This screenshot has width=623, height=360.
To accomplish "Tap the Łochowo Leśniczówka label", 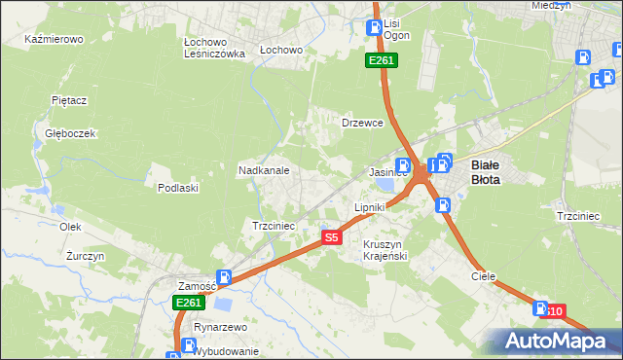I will [x=214, y=49].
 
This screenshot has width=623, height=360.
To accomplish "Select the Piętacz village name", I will [x=70, y=99].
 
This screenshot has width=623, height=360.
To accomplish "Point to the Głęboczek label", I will [x=63, y=133].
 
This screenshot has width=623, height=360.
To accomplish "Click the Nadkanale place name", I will [x=264, y=169].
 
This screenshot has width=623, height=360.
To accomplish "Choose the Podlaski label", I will [x=178, y=187].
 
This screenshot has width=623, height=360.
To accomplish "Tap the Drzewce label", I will [x=362, y=123].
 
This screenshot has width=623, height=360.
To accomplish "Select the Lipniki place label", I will [x=370, y=207].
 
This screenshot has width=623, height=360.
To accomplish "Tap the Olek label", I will [x=69, y=226].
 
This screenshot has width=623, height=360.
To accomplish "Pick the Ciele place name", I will [x=484, y=275].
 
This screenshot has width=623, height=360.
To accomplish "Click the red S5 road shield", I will [x=332, y=236].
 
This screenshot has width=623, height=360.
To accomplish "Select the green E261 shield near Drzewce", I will [x=381, y=61].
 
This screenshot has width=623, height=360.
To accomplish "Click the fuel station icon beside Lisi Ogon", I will [x=373, y=28].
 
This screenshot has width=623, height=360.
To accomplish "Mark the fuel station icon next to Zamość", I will [x=224, y=278].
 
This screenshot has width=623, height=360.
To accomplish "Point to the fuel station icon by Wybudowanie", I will [x=185, y=344].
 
